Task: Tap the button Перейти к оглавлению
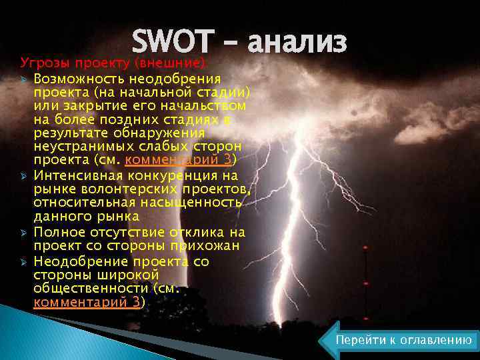pyautogui.click(x=403, y=340)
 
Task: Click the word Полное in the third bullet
pyautogui.click(x=57, y=232)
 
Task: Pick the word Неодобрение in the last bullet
pyautogui.click(x=76, y=261)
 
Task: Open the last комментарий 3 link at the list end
pyautogui.click(x=87, y=302)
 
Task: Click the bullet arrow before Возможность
pyautogui.click(x=24, y=78)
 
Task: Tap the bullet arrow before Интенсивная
pyautogui.click(x=24, y=176)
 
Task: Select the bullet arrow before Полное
pyautogui.click(x=24, y=233)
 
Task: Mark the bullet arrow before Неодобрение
pyautogui.click(x=24, y=261)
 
